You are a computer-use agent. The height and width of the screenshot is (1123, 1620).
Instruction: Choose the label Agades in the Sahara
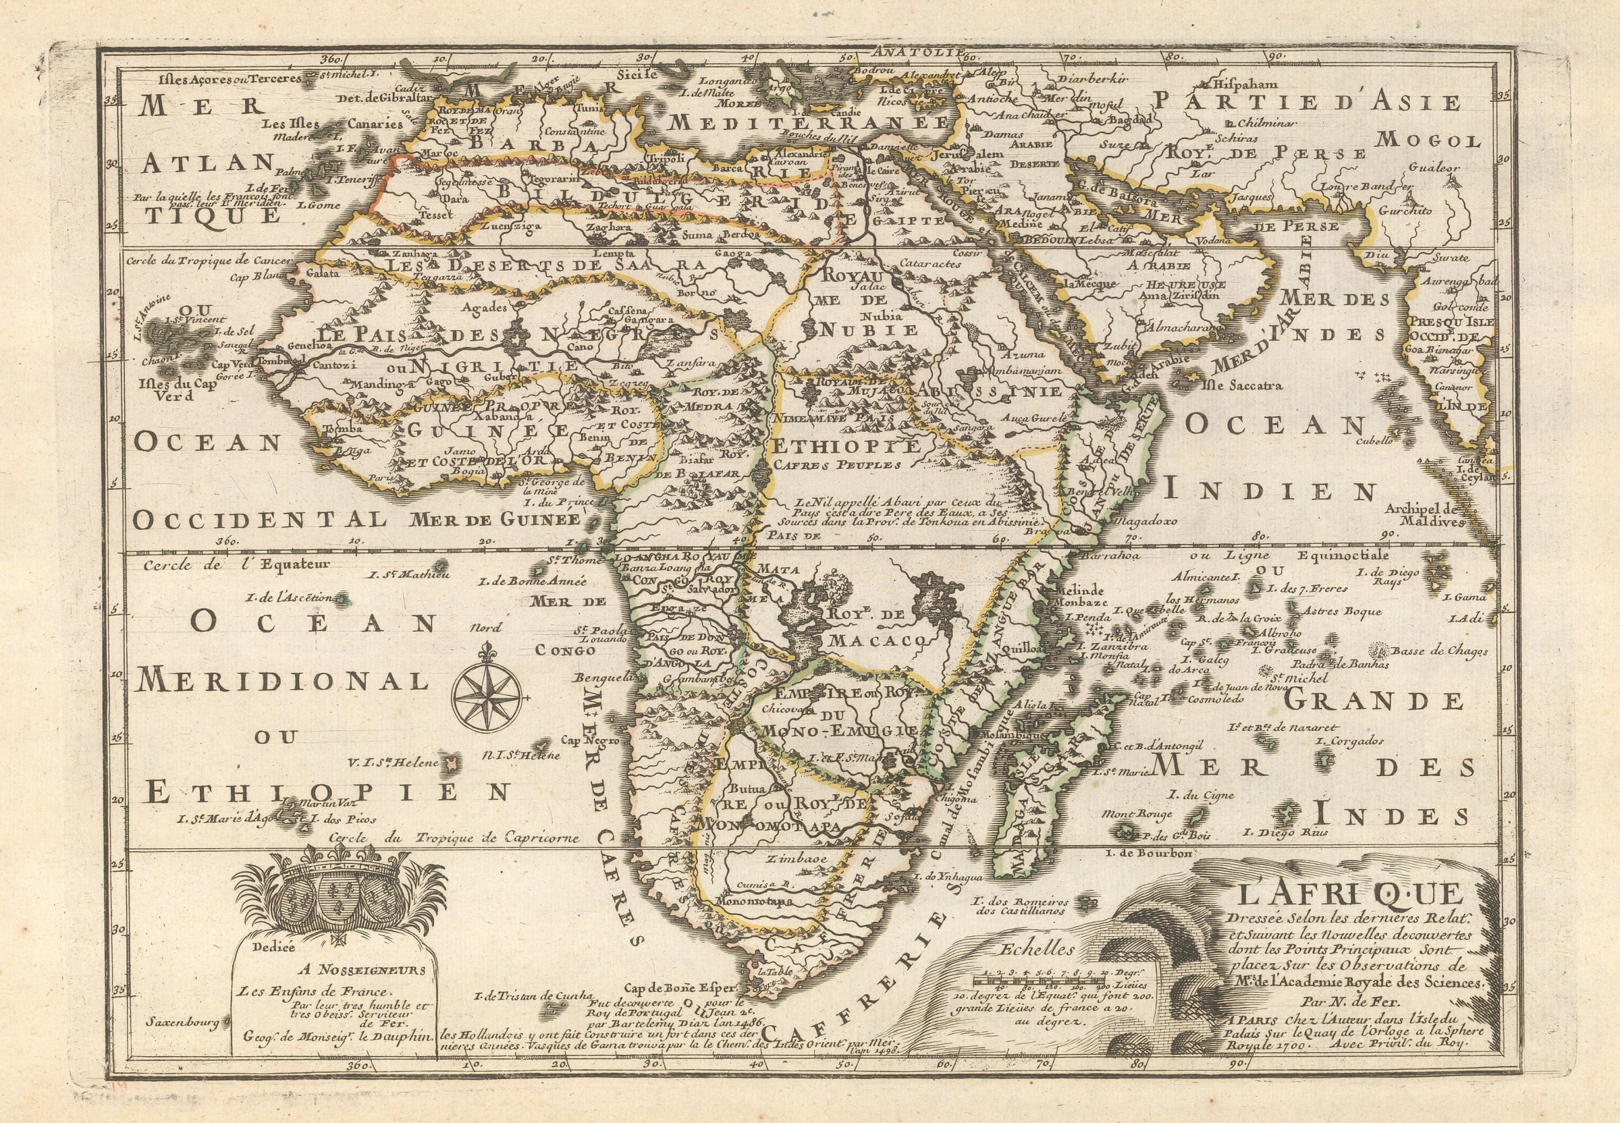coord(484,308)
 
